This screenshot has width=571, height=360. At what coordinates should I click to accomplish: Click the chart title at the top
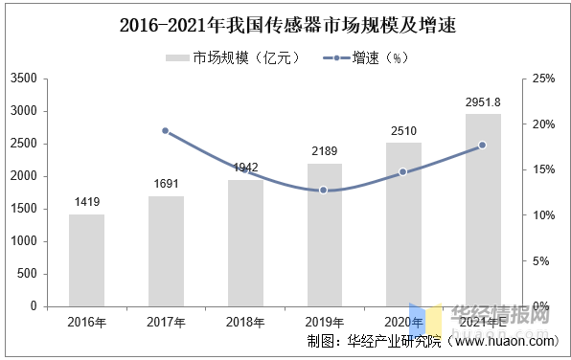coord(286,27)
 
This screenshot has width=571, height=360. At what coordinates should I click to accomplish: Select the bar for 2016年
coord(86,259)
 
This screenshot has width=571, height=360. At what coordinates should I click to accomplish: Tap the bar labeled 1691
coord(166,251)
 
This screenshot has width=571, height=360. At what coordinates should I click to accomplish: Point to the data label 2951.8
coord(484,102)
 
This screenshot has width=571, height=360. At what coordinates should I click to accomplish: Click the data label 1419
coord(87,202)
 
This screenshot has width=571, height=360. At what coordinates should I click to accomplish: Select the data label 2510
coord(403,131)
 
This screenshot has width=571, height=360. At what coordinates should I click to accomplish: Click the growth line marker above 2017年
coord(165,131)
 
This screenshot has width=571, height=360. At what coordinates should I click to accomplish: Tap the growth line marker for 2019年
coord(324,191)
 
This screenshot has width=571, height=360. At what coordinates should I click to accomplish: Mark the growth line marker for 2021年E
coord(482,146)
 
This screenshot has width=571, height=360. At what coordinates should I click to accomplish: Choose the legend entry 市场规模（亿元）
coord(234,58)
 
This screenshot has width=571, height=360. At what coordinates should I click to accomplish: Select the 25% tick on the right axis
coord(543,79)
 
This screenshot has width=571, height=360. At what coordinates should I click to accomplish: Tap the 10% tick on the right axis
coord(543,215)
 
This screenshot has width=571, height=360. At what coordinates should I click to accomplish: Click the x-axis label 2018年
coord(245,322)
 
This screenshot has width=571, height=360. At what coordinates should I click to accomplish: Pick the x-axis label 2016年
coord(86,322)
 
